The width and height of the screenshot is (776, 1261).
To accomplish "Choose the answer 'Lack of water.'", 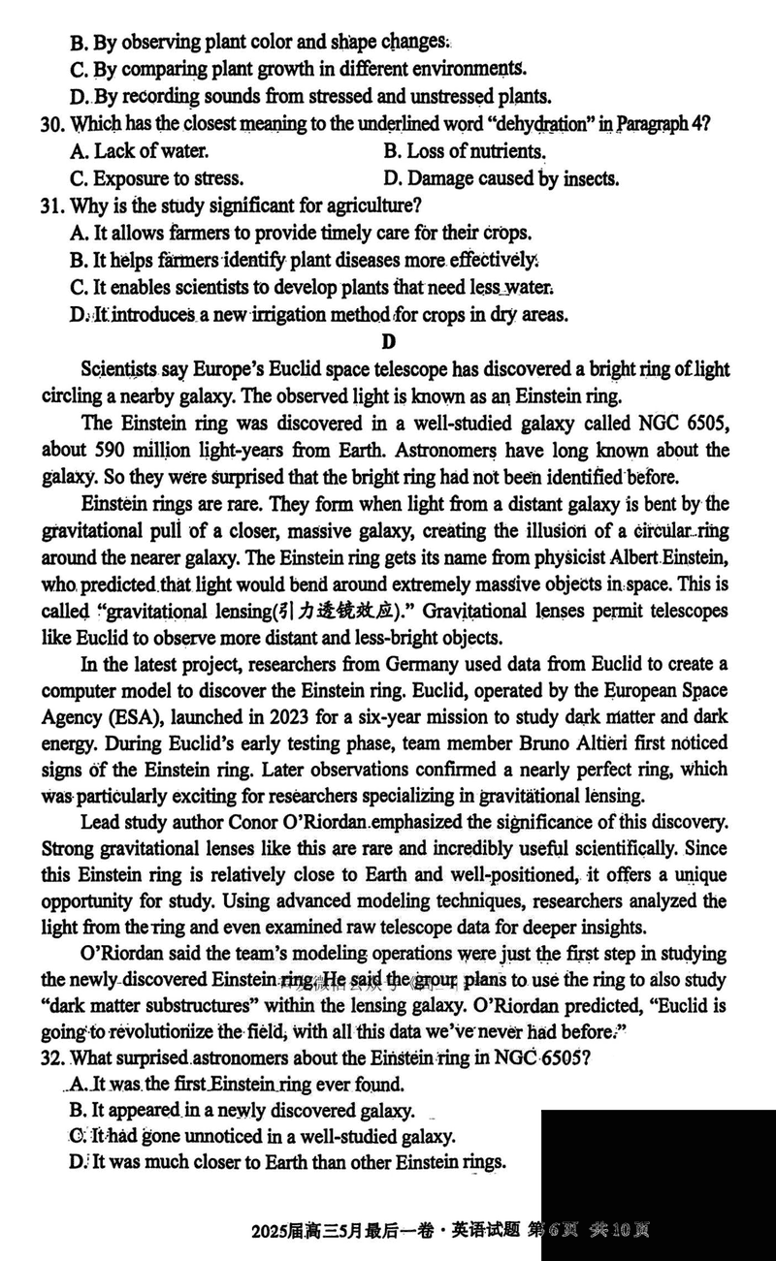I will (x=140, y=151).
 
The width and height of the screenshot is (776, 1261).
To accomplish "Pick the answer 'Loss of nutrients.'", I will (x=465, y=151).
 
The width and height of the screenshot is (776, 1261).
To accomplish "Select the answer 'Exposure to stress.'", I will (x=157, y=178).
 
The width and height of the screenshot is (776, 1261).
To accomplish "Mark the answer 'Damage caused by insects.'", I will (x=501, y=178).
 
